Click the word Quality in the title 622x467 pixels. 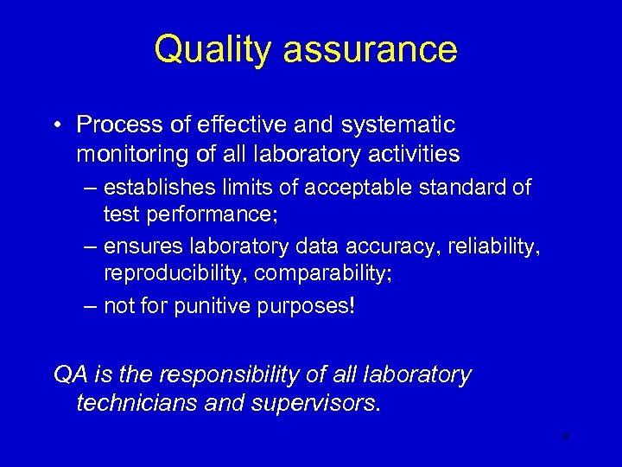coord(213,49)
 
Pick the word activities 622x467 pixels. coord(412,154)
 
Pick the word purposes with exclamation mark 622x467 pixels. coord(308,308)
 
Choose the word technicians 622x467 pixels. coord(128,404)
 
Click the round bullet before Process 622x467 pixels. coord(54,125)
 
